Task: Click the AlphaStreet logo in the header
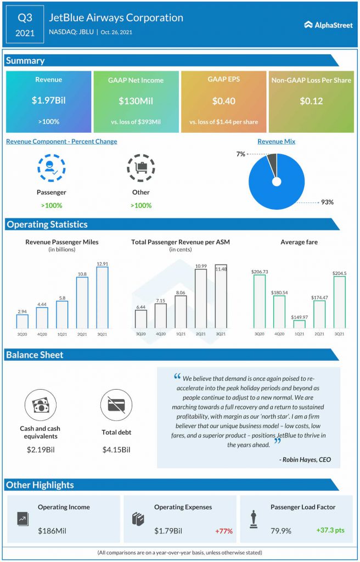click(x=328, y=25)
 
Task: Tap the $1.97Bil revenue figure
click(x=48, y=101)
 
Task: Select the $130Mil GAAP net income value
click(x=136, y=101)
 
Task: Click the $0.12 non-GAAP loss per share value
click(x=311, y=101)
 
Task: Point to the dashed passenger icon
click(x=51, y=168)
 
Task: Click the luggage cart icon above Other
click(x=141, y=168)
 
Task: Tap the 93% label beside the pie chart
click(x=327, y=202)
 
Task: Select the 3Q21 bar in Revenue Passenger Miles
click(x=102, y=297)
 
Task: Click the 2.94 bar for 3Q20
click(x=22, y=322)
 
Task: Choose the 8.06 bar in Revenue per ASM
click(x=181, y=312)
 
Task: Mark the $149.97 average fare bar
click(x=300, y=324)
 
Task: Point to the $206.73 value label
click(x=259, y=272)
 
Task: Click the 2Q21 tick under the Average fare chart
click(x=319, y=334)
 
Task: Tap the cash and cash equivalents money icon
click(x=40, y=406)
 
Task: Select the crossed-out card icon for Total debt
click(x=116, y=406)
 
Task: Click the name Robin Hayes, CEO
click(x=305, y=459)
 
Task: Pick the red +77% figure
click(x=224, y=531)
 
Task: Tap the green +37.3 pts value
click(x=330, y=530)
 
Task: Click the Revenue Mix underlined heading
click(x=277, y=142)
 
